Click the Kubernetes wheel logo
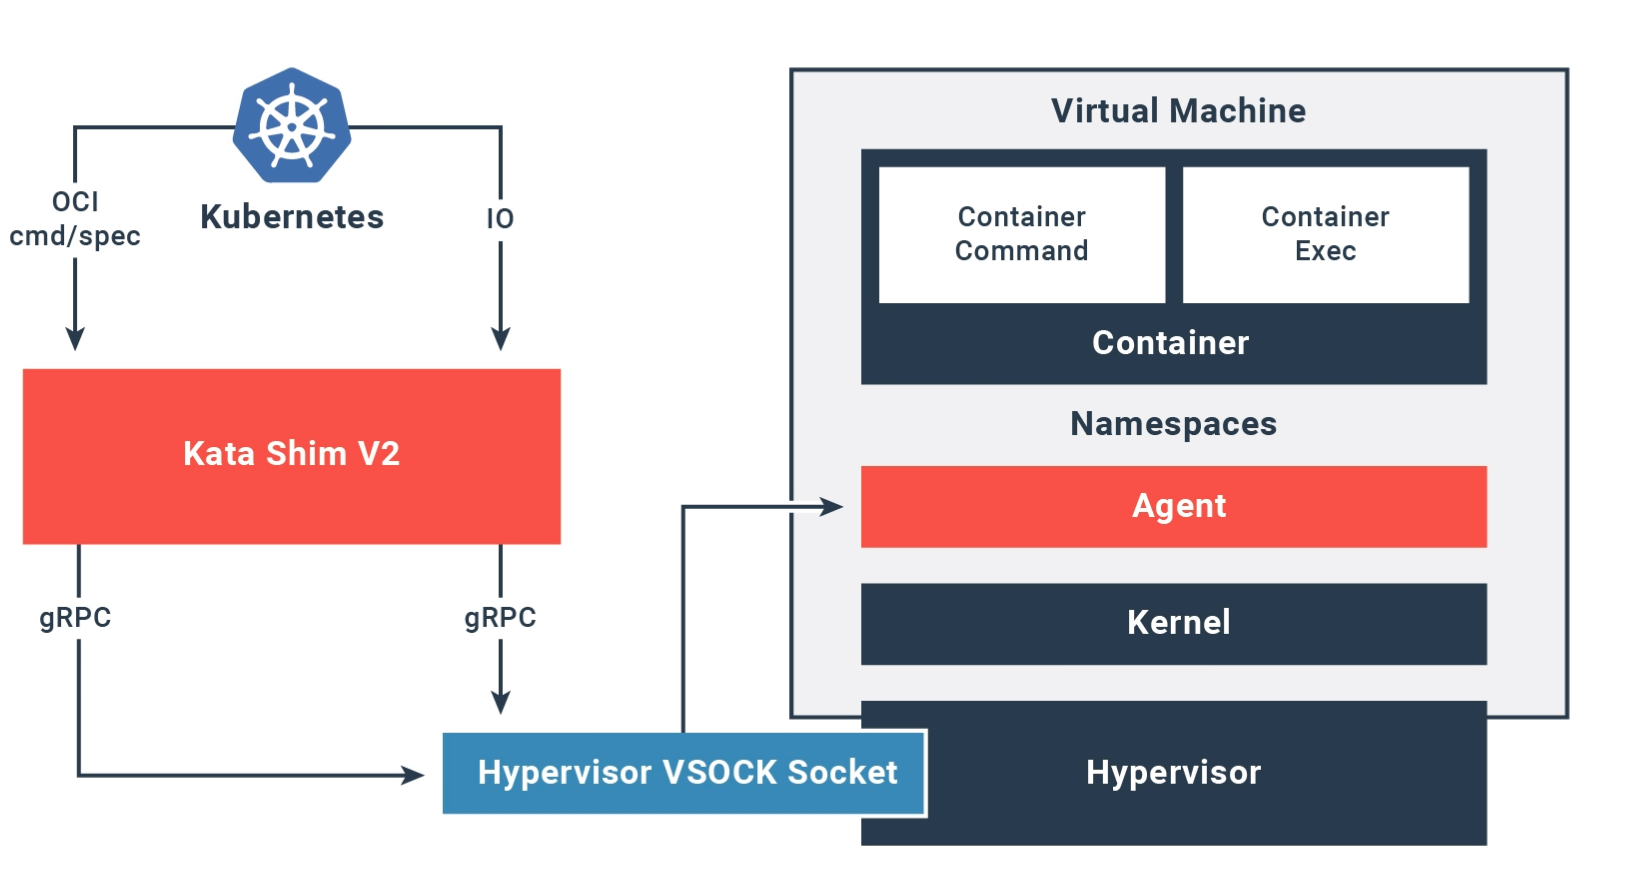[292, 126]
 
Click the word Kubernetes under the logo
[292, 217]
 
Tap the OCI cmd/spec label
[75, 219]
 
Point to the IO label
[500, 219]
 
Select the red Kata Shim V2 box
[291, 456]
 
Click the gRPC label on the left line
[75, 618]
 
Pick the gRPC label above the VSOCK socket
[500, 618]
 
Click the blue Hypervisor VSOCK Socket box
[686, 773]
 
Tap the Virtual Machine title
[1178, 111]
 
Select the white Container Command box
[1021, 234]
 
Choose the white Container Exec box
[1325, 234]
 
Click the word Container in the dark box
[1170, 343]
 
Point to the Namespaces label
[1173, 424]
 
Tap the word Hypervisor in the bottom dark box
[1173, 773]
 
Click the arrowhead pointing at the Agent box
[832, 507]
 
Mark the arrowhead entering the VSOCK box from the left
[413, 774]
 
